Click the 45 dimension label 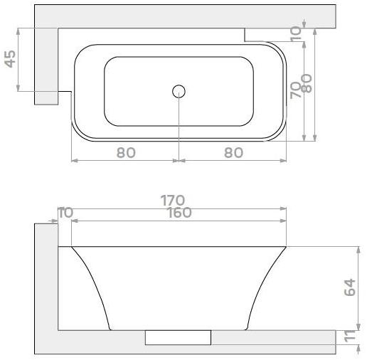click(11, 59)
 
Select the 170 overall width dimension click(173, 200)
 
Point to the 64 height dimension click(349, 288)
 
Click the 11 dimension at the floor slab click(349, 337)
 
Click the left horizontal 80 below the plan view click(125, 152)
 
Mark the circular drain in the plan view click(179, 91)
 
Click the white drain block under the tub click(178, 337)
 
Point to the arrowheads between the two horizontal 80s click(179, 160)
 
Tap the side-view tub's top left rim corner click(72, 247)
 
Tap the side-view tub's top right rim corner click(286, 247)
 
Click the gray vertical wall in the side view click(46, 285)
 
